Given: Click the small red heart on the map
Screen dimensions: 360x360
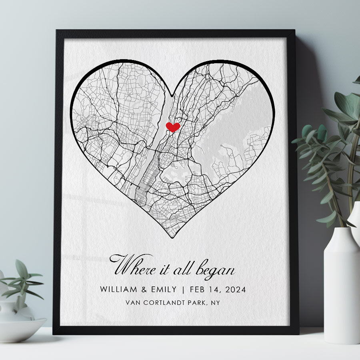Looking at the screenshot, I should [173, 127].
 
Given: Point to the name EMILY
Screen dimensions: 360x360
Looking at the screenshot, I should [162, 289].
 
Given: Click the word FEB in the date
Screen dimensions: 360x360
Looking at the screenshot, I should [198, 289].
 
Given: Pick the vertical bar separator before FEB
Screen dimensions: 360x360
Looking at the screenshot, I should [183, 289].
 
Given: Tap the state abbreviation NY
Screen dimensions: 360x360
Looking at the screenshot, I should [215, 303].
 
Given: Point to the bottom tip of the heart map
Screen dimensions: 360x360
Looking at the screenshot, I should [172, 237].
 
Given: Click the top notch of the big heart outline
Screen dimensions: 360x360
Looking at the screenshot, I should [172, 96].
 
